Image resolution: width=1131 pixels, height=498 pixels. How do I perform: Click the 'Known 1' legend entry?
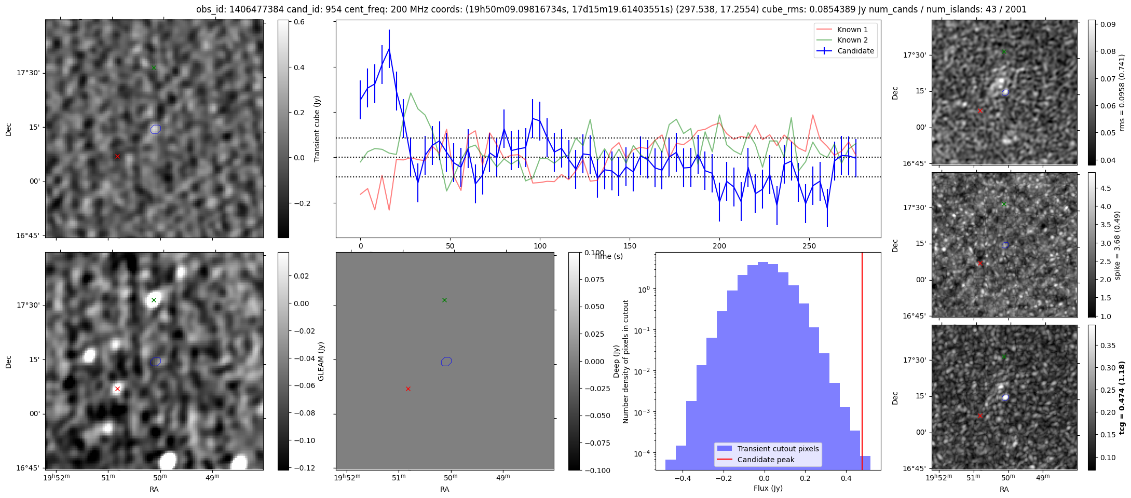(852, 30)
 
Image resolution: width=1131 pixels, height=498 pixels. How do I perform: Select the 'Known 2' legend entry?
(852, 40)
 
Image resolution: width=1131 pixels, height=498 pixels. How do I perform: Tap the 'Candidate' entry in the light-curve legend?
(855, 51)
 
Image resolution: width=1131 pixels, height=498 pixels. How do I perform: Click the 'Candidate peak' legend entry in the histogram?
(766, 460)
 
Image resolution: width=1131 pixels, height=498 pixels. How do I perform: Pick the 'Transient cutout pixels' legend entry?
(778, 449)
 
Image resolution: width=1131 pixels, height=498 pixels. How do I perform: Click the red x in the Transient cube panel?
(117, 156)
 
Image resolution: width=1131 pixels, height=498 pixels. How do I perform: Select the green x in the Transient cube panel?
(154, 67)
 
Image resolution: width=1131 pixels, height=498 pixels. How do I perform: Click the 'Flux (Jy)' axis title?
(768, 488)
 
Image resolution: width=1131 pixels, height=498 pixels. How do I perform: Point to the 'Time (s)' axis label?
(608, 256)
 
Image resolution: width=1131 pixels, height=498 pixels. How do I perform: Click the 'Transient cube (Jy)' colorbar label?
(317, 129)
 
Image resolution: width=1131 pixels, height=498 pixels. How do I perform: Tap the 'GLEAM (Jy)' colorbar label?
(321, 362)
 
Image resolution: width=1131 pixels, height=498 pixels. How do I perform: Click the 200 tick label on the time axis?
(719, 246)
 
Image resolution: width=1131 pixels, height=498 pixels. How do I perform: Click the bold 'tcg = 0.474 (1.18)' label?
(1122, 397)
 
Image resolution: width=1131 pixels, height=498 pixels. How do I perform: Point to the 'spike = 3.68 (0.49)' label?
(1118, 245)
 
